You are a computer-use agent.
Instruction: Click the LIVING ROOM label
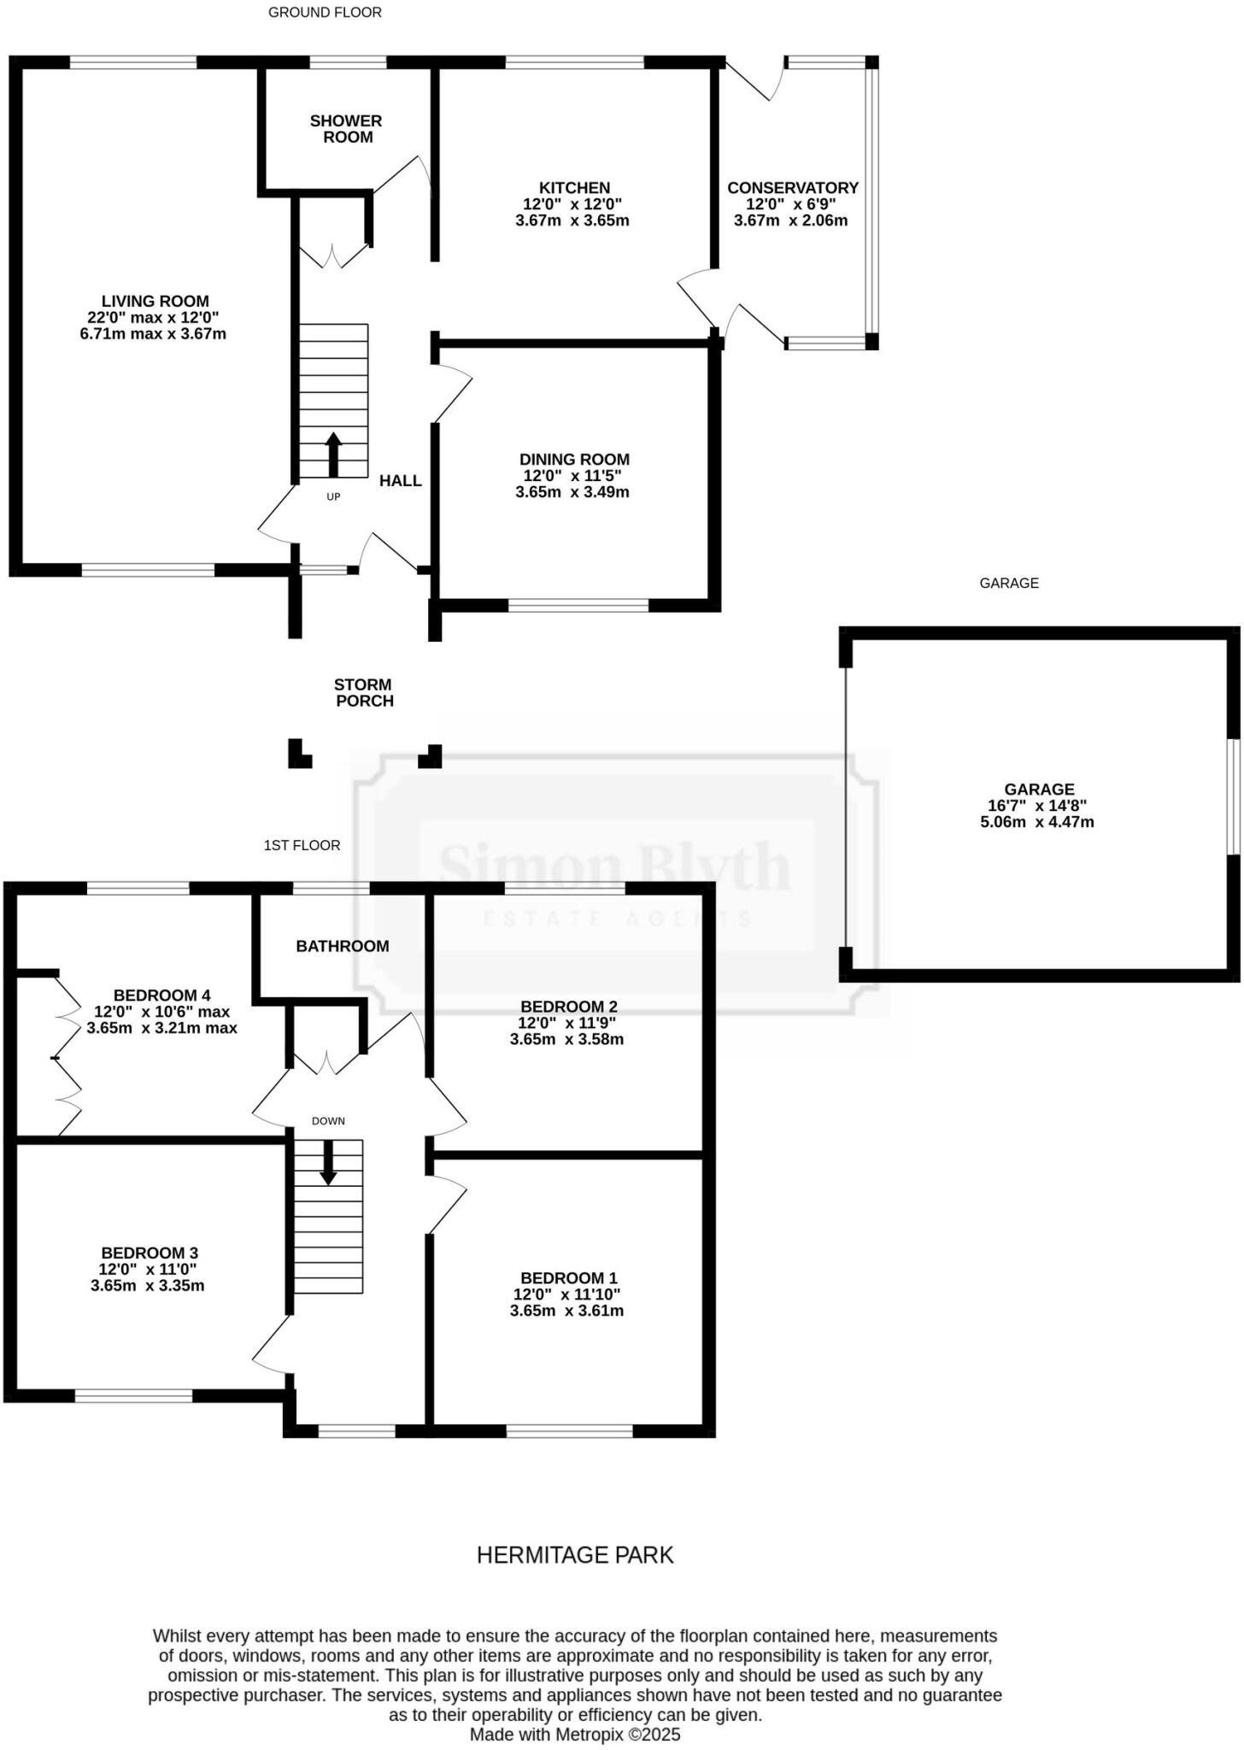point(155,301)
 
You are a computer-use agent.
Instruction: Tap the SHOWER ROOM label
point(346,129)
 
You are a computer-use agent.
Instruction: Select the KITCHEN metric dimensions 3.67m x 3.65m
point(572,220)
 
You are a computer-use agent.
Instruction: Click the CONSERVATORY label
point(792,188)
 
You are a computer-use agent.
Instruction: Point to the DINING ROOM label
point(574,460)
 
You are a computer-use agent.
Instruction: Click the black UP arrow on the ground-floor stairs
point(333,454)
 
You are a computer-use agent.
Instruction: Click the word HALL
point(400,481)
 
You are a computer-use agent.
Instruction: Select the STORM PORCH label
point(364,693)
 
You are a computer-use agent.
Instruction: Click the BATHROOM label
point(342,946)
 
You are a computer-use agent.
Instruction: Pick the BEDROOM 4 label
point(161,995)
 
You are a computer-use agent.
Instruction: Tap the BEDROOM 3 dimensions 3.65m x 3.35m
point(147,1286)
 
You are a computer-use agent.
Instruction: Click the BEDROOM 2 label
point(568,1007)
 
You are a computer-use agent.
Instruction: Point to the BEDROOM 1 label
point(568,1278)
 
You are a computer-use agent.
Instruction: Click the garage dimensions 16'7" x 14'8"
point(1036,806)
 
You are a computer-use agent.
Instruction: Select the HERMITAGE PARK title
point(575,1555)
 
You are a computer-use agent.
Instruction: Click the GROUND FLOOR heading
point(325,13)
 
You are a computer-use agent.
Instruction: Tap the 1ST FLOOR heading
point(302,845)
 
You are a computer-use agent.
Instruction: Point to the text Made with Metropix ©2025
point(574,1735)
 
